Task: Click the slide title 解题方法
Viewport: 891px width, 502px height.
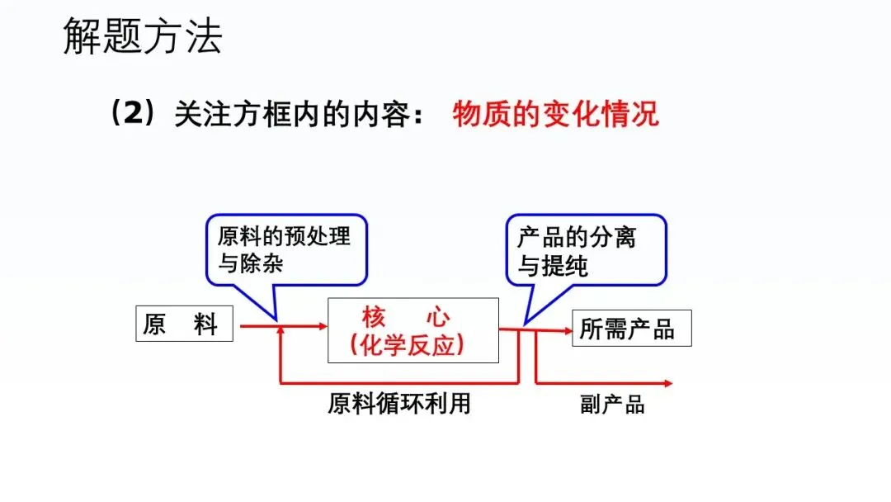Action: pyautogui.click(x=143, y=37)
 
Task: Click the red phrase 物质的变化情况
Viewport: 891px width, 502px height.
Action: pyautogui.click(x=555, y=114)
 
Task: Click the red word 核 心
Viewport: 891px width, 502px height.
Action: pyautogui.click(x=406, y=317)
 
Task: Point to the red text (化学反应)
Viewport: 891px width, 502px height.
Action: pyautogui.click(x=407, y=345)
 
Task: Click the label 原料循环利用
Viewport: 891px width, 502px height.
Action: pyautogui.click(x=399, y=404)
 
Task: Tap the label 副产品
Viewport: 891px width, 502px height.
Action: pyautogui.click(x=611, y=404)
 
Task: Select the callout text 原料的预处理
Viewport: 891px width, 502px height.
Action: pyautogui.click(x=284, y=237)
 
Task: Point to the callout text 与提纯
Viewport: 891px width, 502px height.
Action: pyautogui.click(x=553, y=266)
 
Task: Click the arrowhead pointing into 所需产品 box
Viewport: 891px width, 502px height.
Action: pyautogui.click(x=567, y=330)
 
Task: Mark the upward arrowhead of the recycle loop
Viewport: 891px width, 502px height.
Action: pyautogui.click(x=282, y=331)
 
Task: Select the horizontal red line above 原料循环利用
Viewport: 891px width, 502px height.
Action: pyautogui.click(x=399, y=383)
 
